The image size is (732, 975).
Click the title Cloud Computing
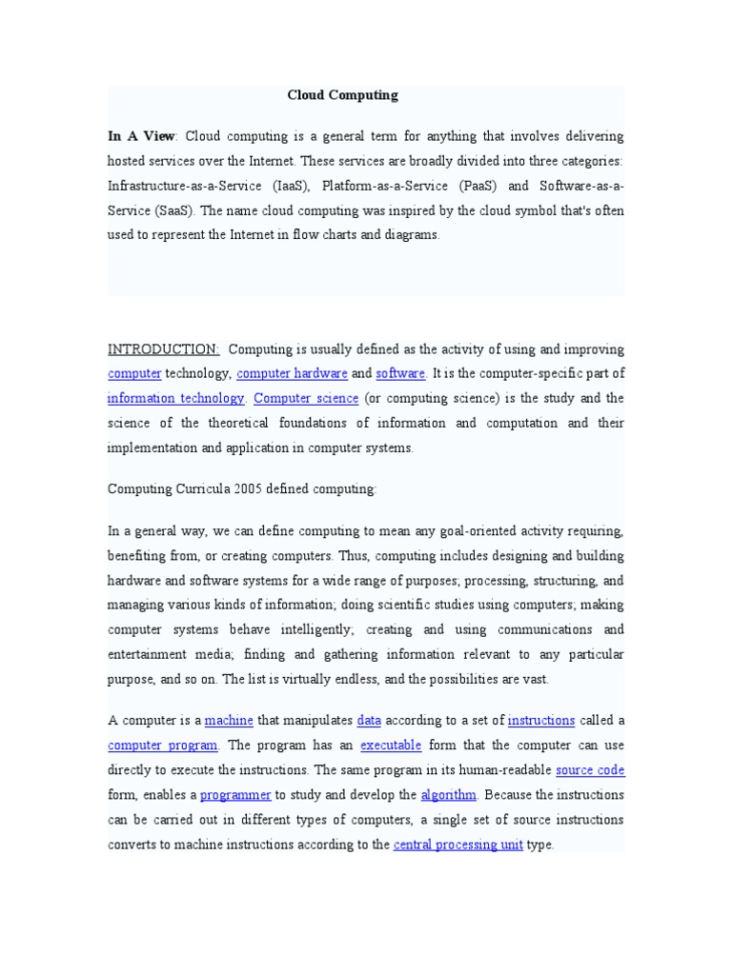[342, 95]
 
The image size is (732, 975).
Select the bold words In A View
[142, 136]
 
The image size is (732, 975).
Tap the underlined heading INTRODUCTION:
[164, 349]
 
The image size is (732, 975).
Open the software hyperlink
[400, 374]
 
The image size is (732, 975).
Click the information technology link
[176, 399]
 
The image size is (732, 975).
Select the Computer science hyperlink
[307, 399]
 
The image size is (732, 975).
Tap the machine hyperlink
[229, 721]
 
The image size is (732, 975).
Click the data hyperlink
[369, 721]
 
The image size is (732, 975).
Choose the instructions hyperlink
[541, 721]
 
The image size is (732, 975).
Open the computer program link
[163, 746]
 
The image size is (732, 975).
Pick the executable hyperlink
[391, 746]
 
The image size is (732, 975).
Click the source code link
[590, 770]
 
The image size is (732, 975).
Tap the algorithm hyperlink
[449, 795]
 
